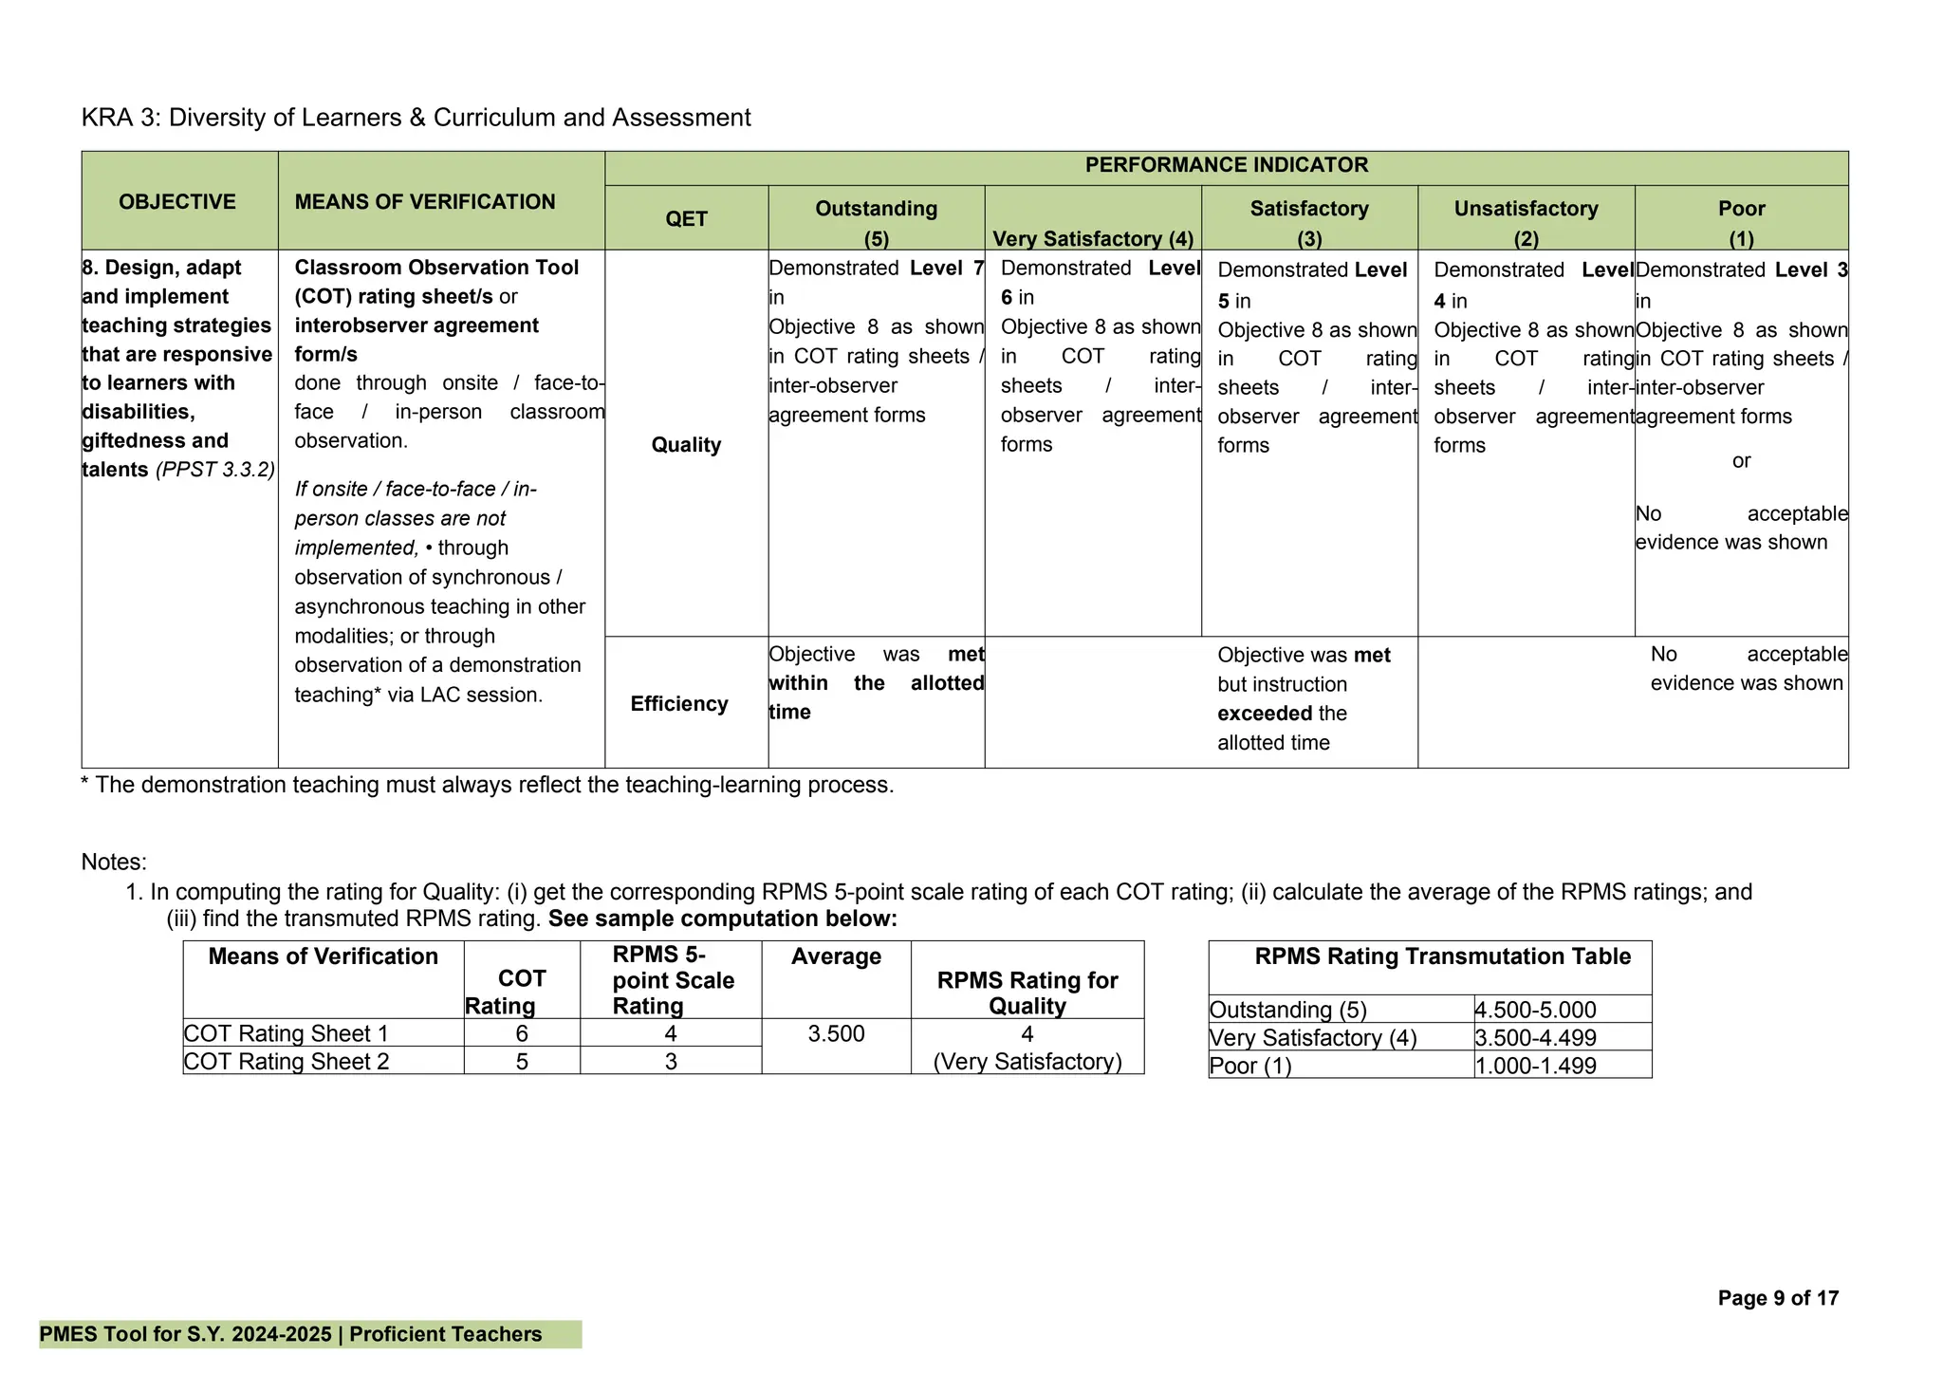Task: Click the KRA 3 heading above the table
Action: coord(416,118)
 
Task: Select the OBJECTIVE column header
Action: coord(177,202)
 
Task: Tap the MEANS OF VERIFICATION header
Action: coord(425,202)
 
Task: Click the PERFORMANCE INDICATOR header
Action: coord(1226,165)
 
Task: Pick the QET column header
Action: coord(686,219)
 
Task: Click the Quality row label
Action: coord(686,445)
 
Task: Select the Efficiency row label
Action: coord(679,704)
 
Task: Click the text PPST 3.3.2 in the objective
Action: coord(215,470)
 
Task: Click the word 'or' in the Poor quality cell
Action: coord(1741,461)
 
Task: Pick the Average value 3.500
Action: coord(836,1033)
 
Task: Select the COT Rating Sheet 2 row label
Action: coord(287,1062)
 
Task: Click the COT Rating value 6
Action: coord(522,1033)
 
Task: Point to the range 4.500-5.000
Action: coord(1535,1010)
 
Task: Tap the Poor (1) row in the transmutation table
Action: coord(1250,1066)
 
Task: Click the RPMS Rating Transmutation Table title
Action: coord(1442,956)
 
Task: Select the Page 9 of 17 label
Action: coord(1778,1298)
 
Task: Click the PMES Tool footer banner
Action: coord(290,1334)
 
